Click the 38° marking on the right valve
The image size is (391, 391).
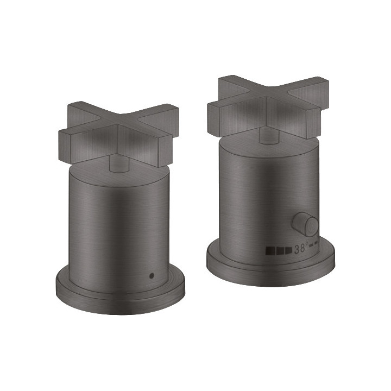coord(301,249)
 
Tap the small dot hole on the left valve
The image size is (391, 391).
coord(152,275)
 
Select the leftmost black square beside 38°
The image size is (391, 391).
coord(270,250)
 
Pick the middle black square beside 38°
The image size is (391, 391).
coord(280,250)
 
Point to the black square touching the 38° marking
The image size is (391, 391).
coord(288,250)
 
